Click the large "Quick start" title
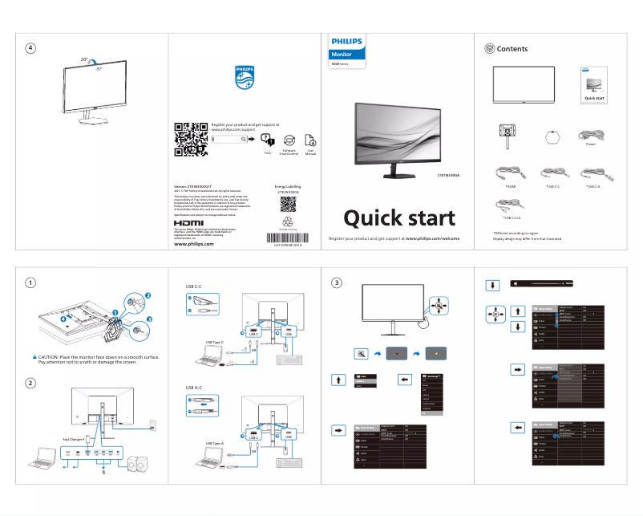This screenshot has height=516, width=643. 398,218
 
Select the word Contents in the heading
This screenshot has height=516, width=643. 512,49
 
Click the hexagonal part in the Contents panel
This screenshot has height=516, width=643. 550,135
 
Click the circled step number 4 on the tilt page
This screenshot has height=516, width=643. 30,47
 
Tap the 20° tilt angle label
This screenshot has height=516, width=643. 84,59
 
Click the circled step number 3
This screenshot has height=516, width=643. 338,282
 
